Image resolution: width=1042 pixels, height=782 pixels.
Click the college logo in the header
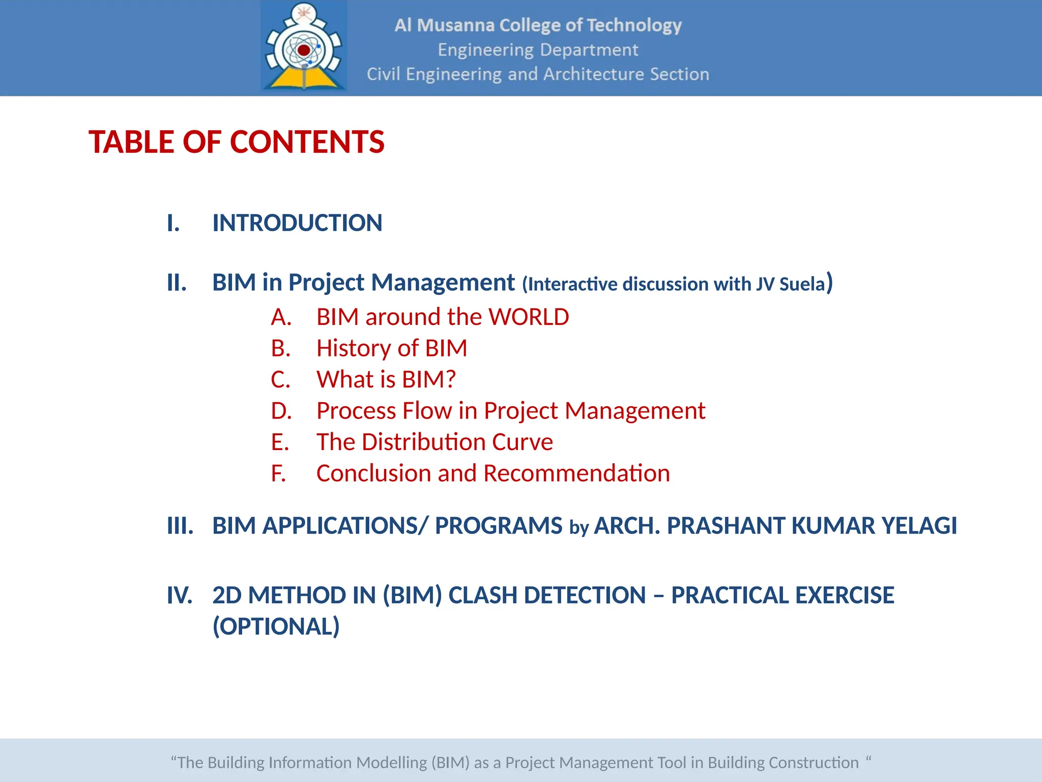pos(304,47)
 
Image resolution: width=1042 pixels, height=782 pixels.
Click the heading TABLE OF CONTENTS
pos(237,142)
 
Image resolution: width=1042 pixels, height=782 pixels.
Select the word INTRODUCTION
pos(297,223)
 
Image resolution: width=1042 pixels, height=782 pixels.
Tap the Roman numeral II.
pos(177,283)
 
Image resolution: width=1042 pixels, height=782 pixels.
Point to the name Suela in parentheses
pos(802,284)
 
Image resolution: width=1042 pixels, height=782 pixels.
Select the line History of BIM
pos(391,348)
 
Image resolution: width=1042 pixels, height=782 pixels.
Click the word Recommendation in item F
pos(576,473)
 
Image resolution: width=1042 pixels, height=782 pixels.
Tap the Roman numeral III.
pos(180,526)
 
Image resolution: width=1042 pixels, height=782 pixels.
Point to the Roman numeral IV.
pos(180,595)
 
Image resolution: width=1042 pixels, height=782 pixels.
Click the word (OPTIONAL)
pos(276,627)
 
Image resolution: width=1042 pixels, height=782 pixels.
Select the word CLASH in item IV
pos(482,595)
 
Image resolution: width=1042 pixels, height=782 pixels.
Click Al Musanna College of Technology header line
pos(538,25)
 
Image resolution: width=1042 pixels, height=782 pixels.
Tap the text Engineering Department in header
pos(538,50)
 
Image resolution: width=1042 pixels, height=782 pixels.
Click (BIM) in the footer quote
pos(450,763)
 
